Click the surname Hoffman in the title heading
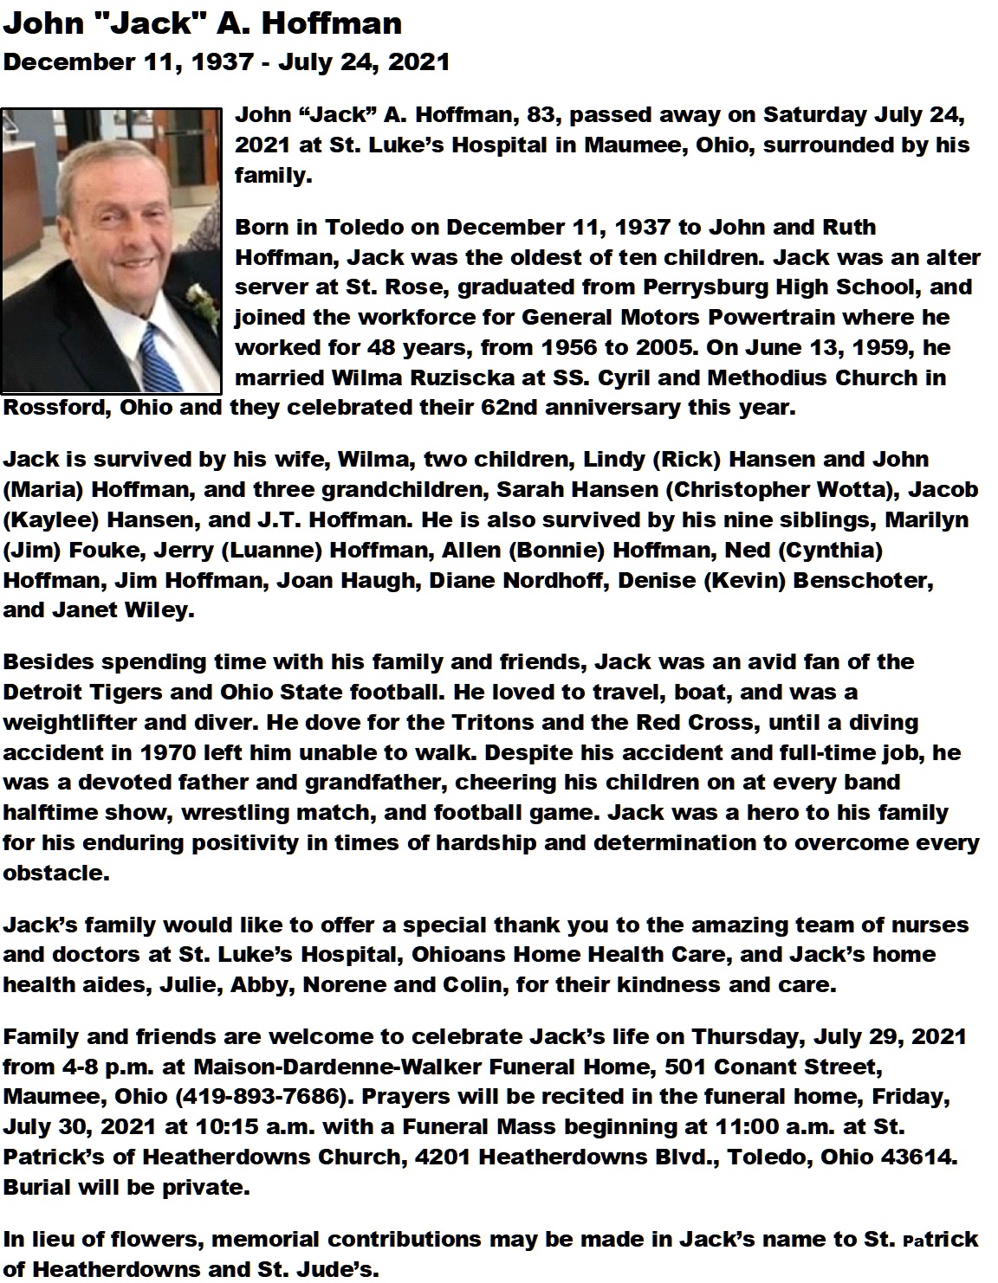point(332,23)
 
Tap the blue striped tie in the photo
point(158,355)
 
